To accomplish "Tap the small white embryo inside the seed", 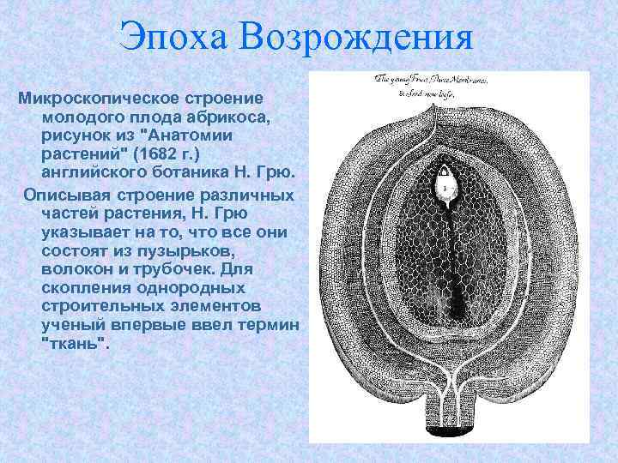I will coord(445,183).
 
